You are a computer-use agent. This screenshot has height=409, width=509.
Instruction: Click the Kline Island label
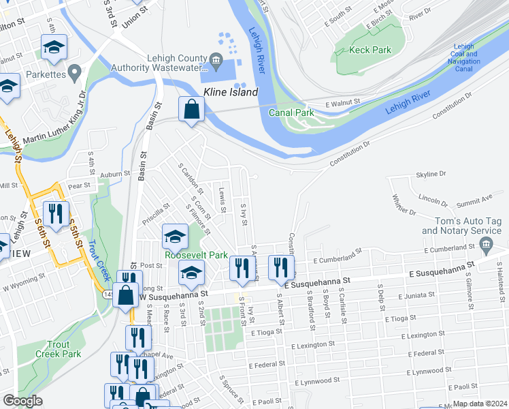[x=231, y=92]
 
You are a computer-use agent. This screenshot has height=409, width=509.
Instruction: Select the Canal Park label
[x=290, y=112]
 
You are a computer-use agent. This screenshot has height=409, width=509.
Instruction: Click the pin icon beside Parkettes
[x=73, y=70]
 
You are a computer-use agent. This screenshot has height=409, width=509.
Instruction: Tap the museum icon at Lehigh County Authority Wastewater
[x=216, y=60]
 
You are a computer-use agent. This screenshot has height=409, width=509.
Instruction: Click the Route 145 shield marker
[x=110, y=294]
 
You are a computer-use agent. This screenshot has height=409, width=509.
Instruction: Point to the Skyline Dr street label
[x=430, y=175]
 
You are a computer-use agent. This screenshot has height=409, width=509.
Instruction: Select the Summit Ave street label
[x=474, y=198]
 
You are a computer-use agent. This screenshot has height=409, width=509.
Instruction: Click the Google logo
[x=22, y=401]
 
